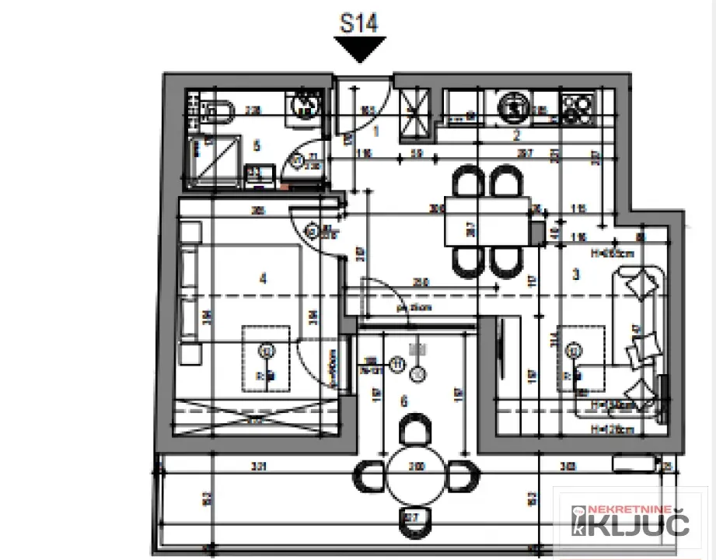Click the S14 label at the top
(358, 23)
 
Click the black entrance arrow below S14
(358, 50)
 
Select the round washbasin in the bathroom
(303, 106)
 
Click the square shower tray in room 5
(215, 159)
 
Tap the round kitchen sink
(512, 107)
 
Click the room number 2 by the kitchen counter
(515, 134)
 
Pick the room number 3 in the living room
(576, 274)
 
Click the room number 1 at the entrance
(375, 131)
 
